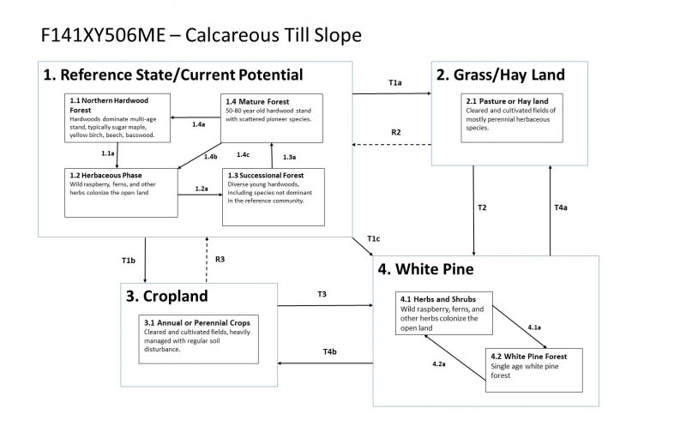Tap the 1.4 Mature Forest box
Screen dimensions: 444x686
[272, 117]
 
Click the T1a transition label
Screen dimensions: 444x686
[395, 83]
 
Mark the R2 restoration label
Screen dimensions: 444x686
[395, 132]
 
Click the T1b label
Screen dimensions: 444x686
[129, 258]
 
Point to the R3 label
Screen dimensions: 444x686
[220, 258]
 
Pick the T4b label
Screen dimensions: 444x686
[329, 352]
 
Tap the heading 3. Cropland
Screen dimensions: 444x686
[166, 297]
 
